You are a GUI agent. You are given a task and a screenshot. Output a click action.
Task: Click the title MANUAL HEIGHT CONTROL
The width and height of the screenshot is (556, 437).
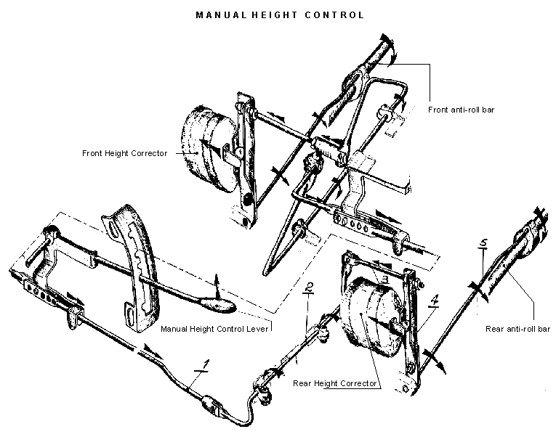[280, 14]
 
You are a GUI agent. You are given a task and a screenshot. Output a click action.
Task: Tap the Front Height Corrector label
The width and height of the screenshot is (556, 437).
[124, 153]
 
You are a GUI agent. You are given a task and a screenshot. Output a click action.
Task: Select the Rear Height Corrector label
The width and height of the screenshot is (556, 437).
[335, 383]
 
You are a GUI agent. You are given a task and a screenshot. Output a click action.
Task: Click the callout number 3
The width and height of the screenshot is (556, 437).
[385, 278]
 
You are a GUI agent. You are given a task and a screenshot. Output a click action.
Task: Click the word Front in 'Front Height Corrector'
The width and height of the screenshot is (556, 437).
[93, 153]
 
